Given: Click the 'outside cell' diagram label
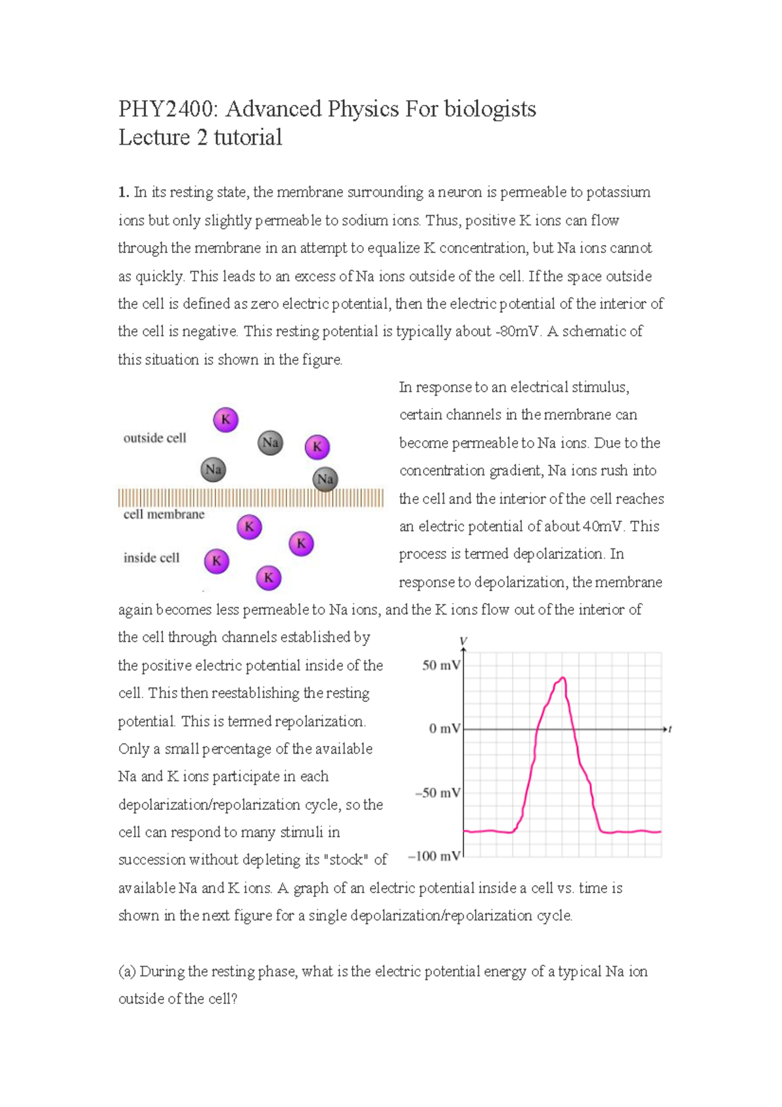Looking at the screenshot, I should pos(154,438).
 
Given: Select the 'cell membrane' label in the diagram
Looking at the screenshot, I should pos(164,514).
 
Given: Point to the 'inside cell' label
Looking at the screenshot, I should pos(151,558).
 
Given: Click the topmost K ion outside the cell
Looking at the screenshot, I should pos(225,419).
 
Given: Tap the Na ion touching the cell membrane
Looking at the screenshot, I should pos(325,480).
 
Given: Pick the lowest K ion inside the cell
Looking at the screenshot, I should pos(268,578).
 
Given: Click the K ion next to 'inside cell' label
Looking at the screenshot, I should pos(216,561).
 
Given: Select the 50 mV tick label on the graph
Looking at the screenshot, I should pos(441,666).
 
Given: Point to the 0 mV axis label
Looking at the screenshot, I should pos(444,729).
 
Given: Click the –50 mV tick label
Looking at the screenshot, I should pos(437,793).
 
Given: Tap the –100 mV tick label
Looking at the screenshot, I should pos(433,856).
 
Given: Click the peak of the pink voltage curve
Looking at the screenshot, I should pos(562,679).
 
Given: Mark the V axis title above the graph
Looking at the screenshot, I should pos(463,642).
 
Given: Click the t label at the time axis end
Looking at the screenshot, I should pos(670,729).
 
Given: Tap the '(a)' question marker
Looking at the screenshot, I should pos(127,971).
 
